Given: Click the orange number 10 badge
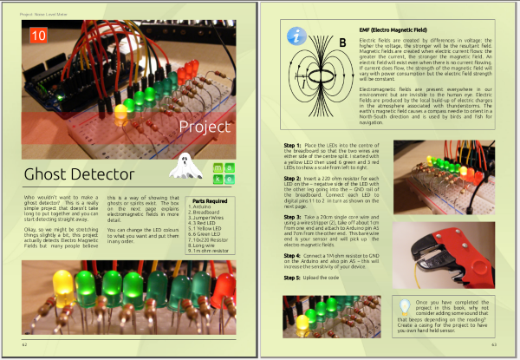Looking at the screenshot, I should (37, 35).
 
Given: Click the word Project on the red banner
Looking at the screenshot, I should (205, 128).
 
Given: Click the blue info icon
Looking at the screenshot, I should (298, 36).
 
